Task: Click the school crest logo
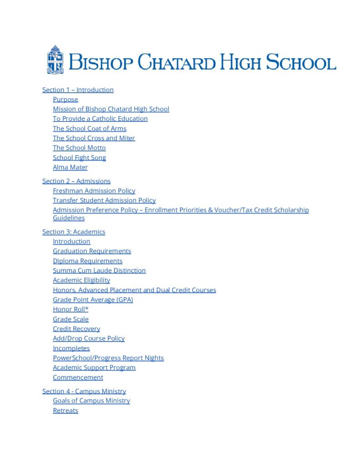pos(55,60)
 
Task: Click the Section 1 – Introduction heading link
pos(78,90)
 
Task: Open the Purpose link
pos(65,99)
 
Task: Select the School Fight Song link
pos(79,157)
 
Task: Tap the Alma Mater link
pos(70,167)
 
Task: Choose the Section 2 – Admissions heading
pos(76,181)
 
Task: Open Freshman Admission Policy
pos(94,191)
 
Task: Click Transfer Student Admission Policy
pos(104,200)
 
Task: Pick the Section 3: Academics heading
pos(73,232)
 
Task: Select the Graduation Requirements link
pos(91,251)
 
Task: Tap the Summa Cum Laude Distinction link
pos(99,270)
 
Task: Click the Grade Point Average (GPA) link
pos(93,299)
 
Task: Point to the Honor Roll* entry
pos(71,309)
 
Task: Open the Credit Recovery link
pos(76,329)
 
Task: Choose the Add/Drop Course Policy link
pos(88,338)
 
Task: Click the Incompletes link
pos(71,348)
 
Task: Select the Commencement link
pos(78,377)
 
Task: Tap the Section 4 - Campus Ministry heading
pos(84,391)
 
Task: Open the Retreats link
pos(66,410)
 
